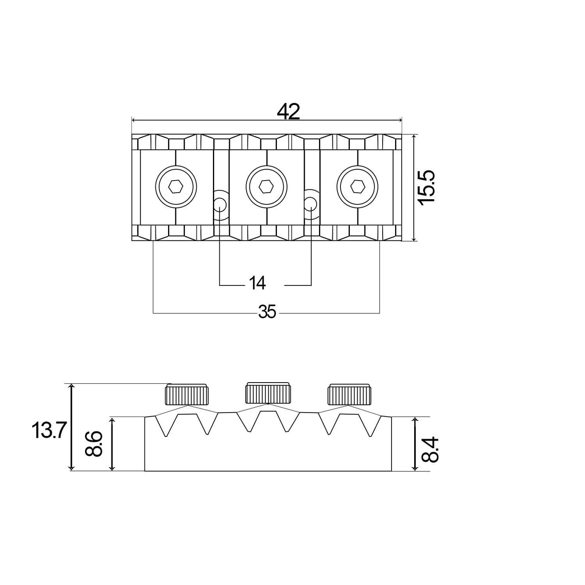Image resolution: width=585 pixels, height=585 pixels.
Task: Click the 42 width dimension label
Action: pos(288,111)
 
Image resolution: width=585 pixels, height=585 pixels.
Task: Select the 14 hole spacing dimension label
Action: pos(257,283)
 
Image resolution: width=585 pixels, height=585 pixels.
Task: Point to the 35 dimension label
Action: pos(267,312)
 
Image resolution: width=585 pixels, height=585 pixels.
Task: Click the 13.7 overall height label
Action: pos(47,431)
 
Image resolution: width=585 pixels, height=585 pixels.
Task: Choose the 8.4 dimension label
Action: pos(430,449)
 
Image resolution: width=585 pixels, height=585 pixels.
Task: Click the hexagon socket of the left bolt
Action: pos(176,186)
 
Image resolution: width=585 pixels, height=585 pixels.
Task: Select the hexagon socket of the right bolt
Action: pos(357,186)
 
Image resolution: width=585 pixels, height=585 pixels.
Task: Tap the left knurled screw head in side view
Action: pos(187,395)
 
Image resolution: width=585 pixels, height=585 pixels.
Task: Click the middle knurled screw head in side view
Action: pos(267,393)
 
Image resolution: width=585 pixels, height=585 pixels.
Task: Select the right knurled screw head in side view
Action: pos(350,395)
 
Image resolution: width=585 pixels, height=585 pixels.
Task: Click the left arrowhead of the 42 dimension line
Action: pos(134,120)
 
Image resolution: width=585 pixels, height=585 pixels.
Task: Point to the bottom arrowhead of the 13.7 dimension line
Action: pos(71,468)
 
